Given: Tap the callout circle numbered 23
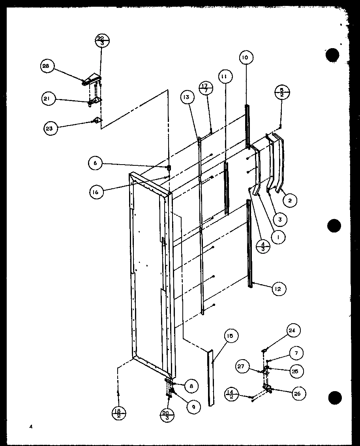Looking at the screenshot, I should tap(51, 127).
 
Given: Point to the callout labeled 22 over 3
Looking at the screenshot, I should tap(102, 41).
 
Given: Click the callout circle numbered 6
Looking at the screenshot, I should tap(96, 163).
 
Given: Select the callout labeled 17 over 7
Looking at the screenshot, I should tap(206, 88).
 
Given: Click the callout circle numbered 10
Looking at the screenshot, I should tap(245, 58).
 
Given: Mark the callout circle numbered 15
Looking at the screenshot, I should tap(230, 336).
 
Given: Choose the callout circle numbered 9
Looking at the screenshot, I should tap(193, 407).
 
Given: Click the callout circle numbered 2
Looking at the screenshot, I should tap(290, 201).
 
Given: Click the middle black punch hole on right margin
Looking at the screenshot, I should tap(334, 226).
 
